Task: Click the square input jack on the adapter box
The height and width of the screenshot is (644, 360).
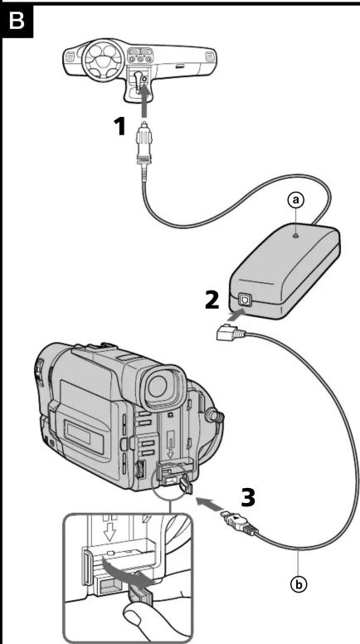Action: (x=246, y=301)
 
